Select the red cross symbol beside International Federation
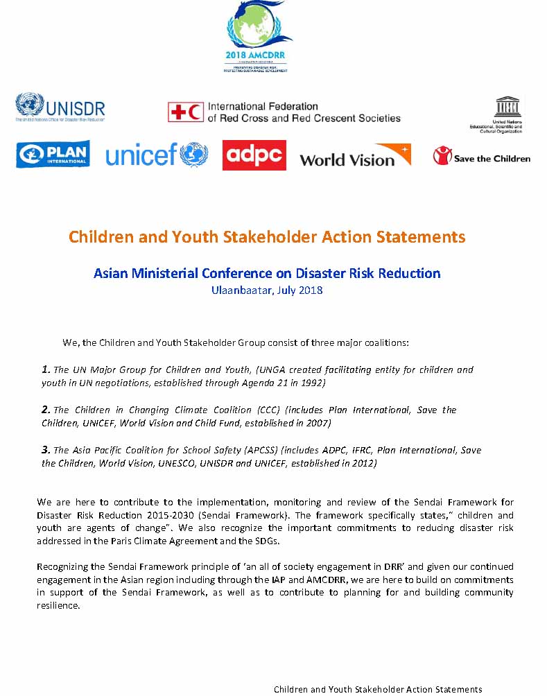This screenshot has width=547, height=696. (185, 112)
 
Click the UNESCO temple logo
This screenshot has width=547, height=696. (505, 107)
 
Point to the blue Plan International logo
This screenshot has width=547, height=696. (53, 154)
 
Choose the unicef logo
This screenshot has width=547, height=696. (157, 155)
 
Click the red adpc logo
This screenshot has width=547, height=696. (254, 155)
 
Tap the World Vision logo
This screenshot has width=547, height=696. (355, 156)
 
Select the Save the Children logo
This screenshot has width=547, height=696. (481, 157)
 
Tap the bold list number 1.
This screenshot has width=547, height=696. (46, 369)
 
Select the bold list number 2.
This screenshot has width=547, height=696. (46, 410)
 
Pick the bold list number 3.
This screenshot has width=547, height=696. (46, 450)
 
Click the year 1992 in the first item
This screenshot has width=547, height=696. (312, 383)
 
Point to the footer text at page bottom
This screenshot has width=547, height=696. (378, 689)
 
